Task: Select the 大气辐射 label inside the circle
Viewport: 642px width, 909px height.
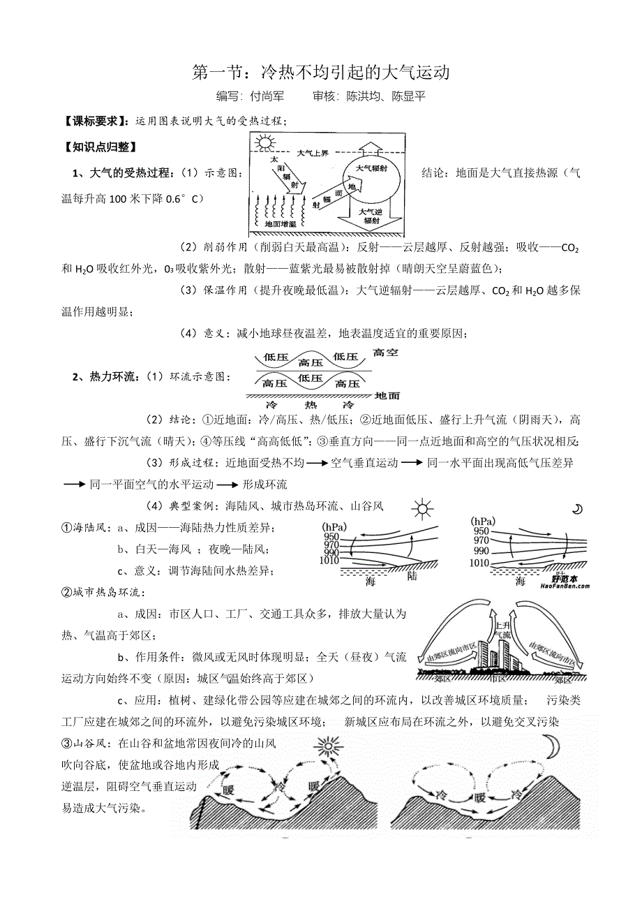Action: point(372,169)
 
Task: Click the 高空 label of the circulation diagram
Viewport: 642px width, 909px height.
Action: point(386,353)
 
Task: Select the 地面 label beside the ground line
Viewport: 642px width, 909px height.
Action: point(387,396)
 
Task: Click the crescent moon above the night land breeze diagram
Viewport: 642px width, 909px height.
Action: point(577,509)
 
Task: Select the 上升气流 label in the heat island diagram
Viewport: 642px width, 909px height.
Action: point(502,630)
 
